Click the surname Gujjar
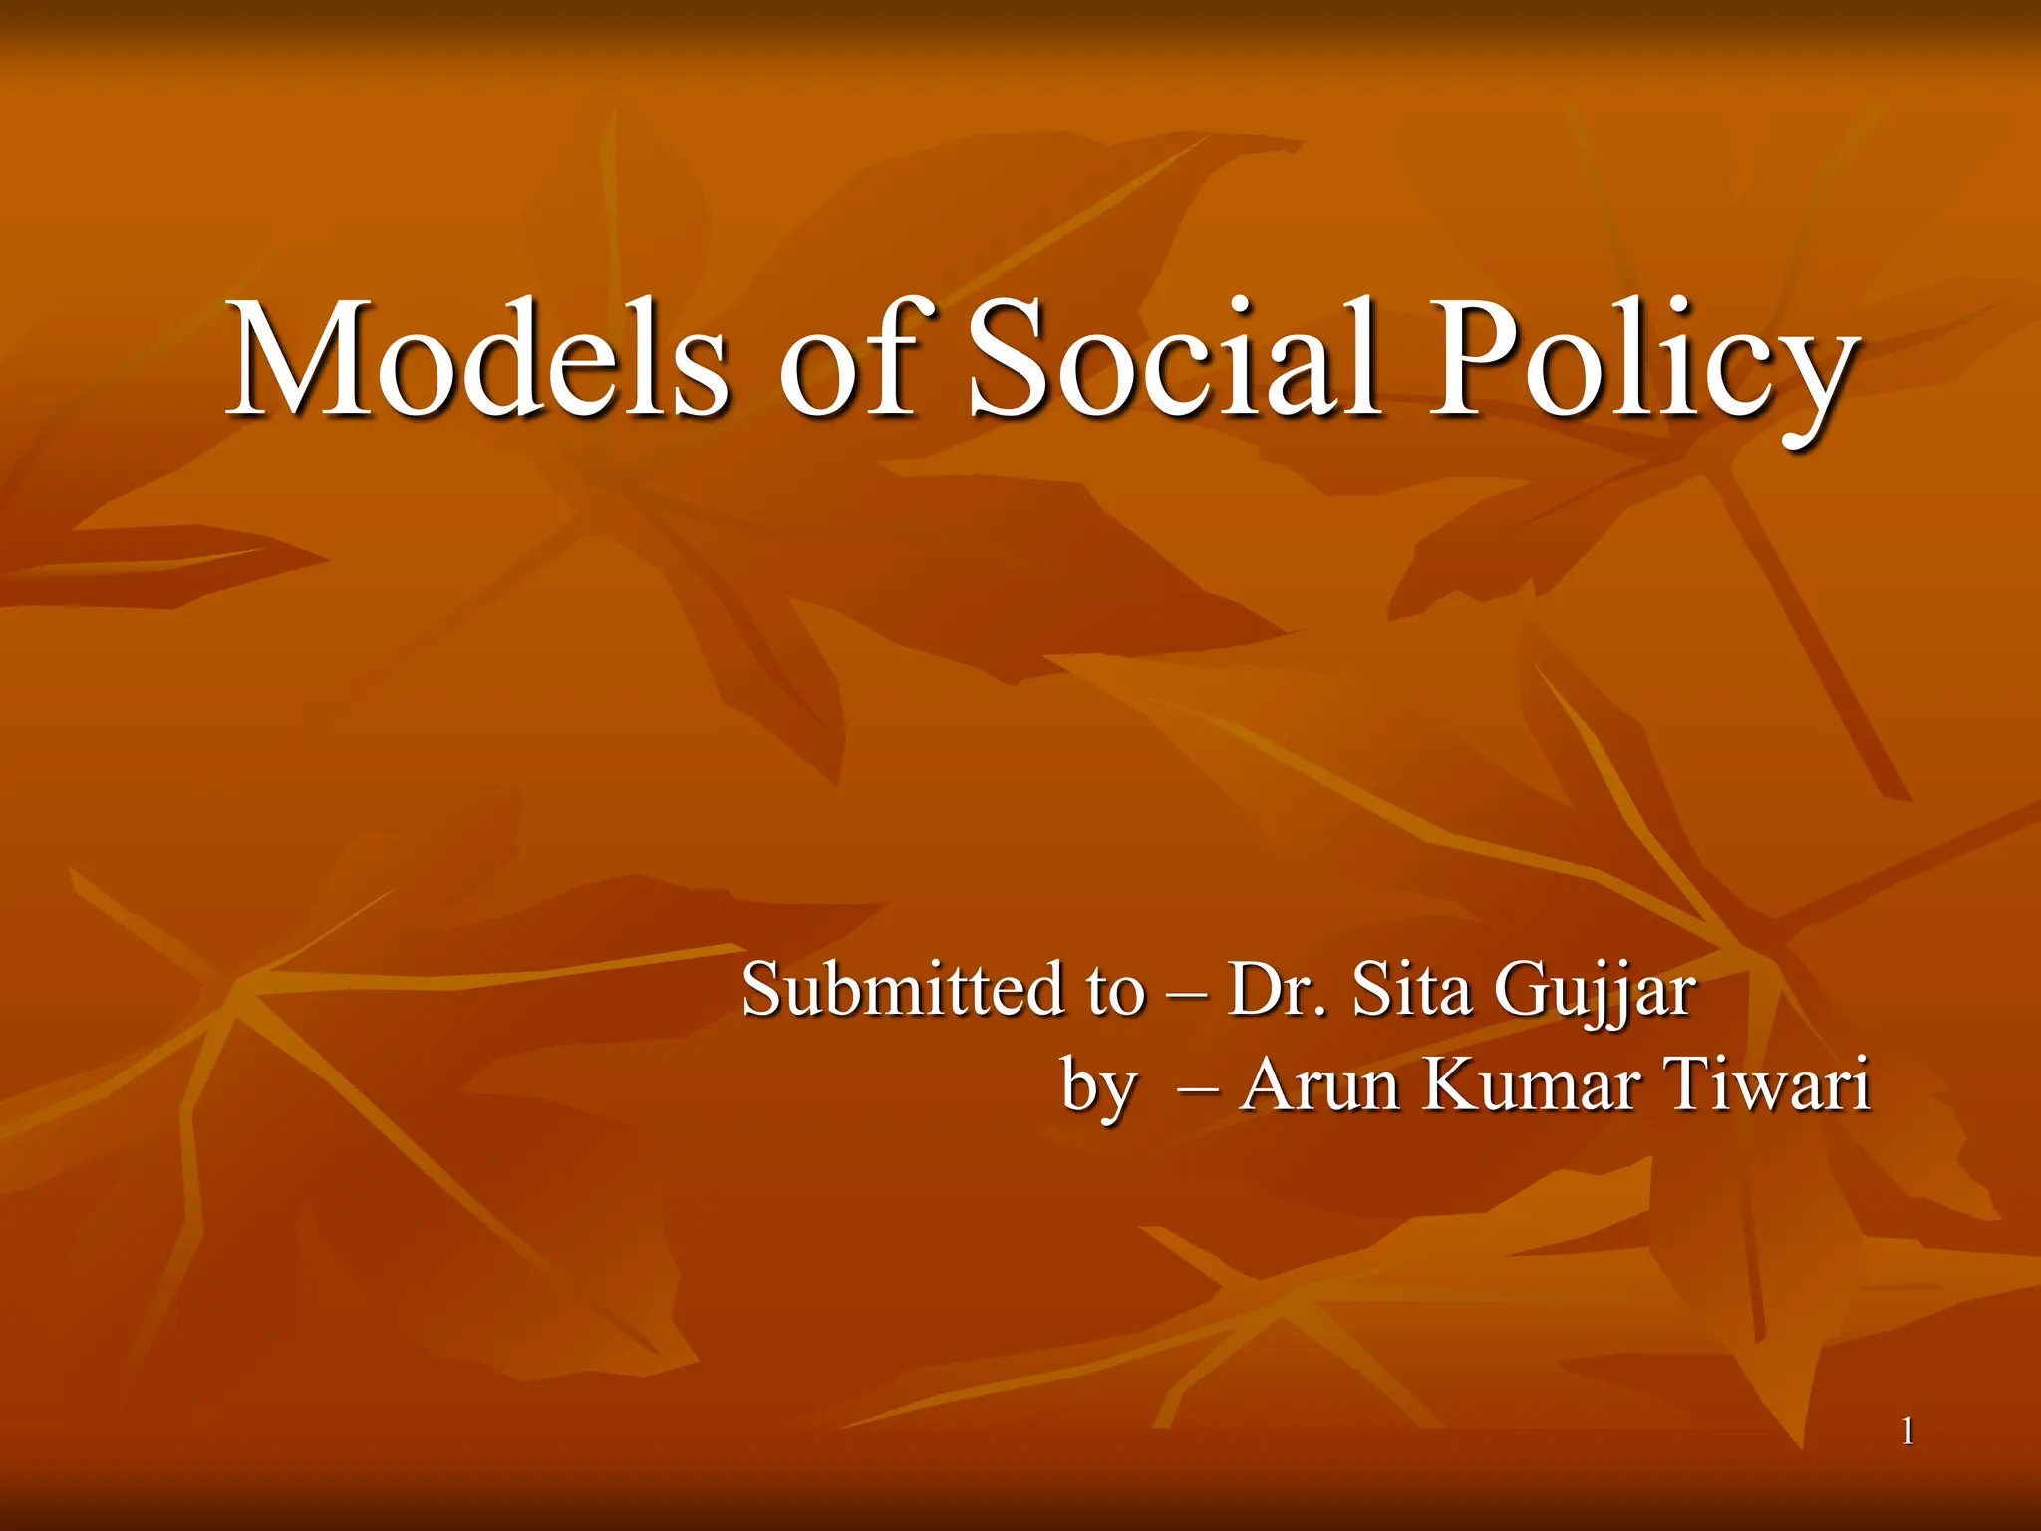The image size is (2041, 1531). tap(1596, 993)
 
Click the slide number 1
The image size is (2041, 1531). tap(1907, 1433)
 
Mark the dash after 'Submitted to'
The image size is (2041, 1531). tap(1186, 993)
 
